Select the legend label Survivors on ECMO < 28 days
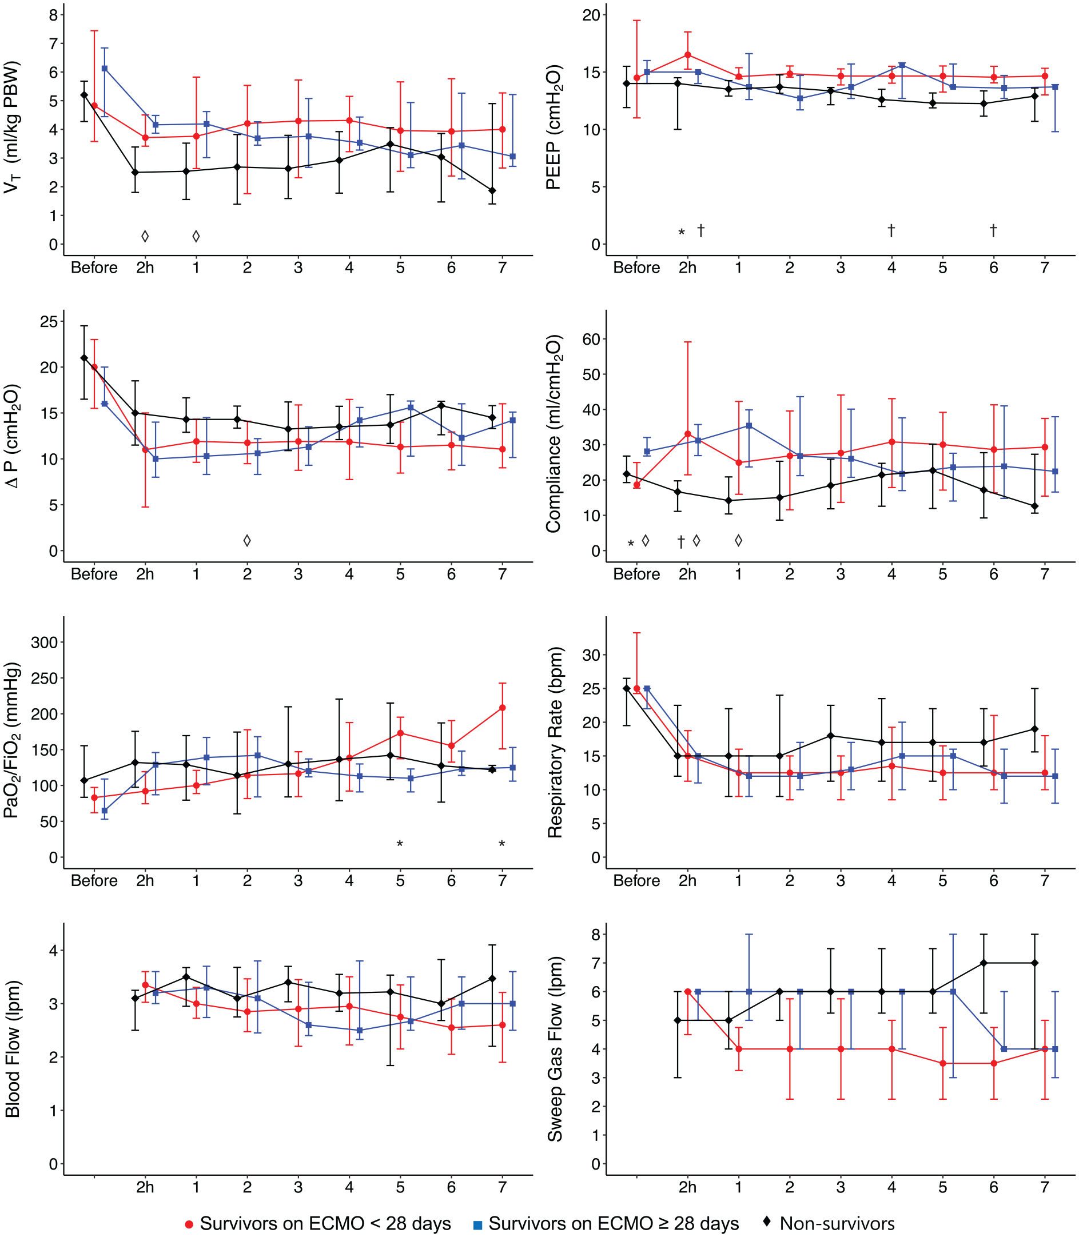click(325, 1223)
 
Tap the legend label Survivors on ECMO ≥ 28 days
click(614, 1223)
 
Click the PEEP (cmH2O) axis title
click(554, 127)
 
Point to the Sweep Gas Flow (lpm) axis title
click(555, 1049)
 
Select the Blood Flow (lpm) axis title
click(12, 1049)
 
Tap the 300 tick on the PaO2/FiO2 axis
click(44, 643)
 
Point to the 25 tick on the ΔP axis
click(49, 321)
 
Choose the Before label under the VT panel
click(94, 268)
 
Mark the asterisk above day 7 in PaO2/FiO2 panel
click(502, 844)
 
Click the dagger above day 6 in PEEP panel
click(993, 230)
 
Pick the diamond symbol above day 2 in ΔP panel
click(247, 541)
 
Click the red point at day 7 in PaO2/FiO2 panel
click(502, 708)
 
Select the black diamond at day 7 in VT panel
click(492, 191)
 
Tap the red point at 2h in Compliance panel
click(688, 434)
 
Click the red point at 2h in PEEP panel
click(688, 55)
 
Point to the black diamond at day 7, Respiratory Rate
click(1035, 729)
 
